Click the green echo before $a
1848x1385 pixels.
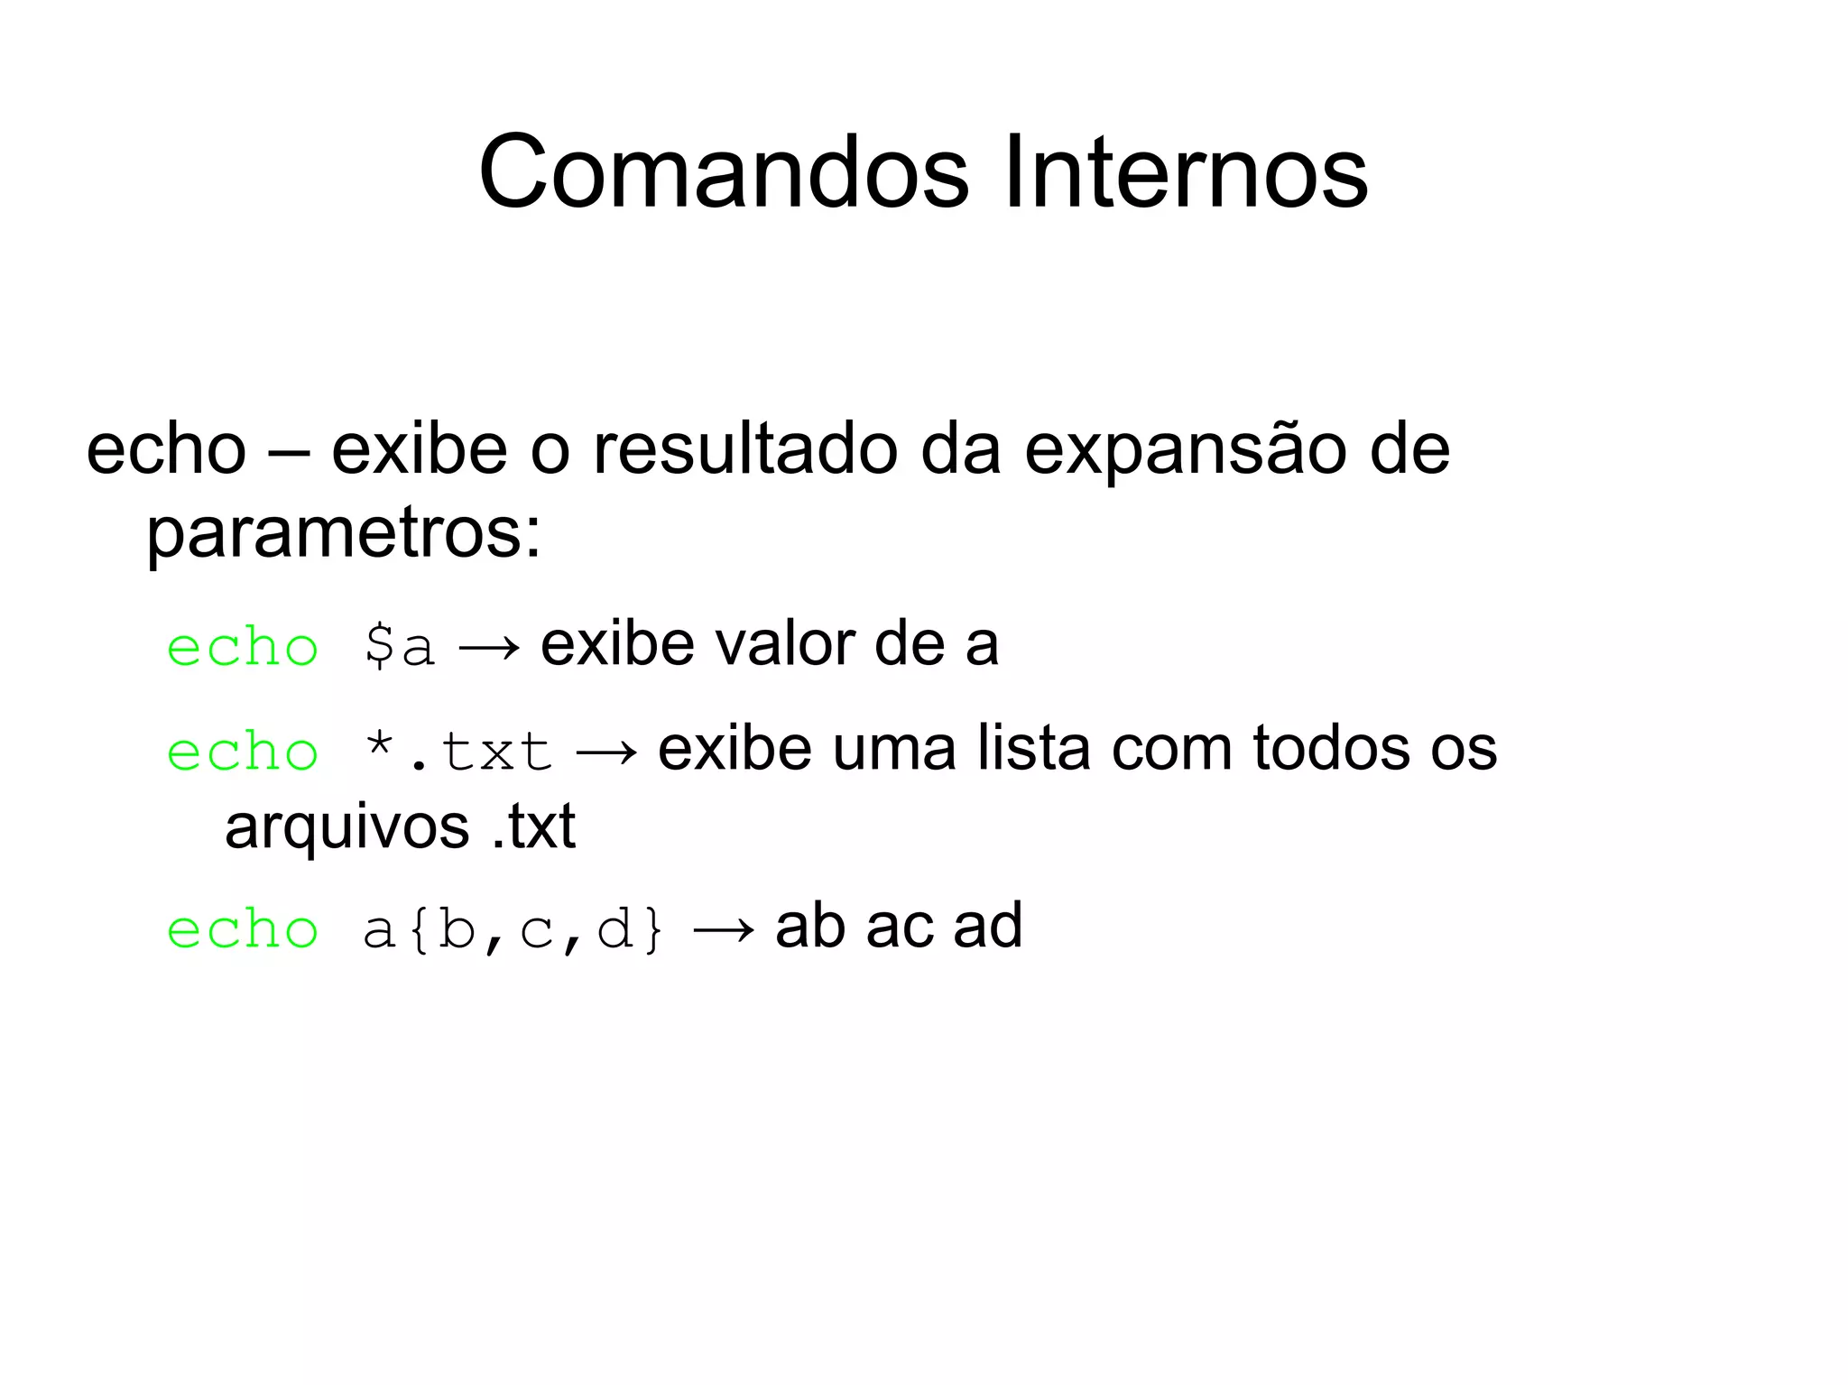point(243,648)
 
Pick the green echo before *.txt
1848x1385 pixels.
point(243,752)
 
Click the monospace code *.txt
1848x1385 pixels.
point(457,752)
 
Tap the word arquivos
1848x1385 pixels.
point(347,827)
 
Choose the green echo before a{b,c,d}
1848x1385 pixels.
point(243,929)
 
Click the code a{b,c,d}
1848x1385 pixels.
point(513,929)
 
